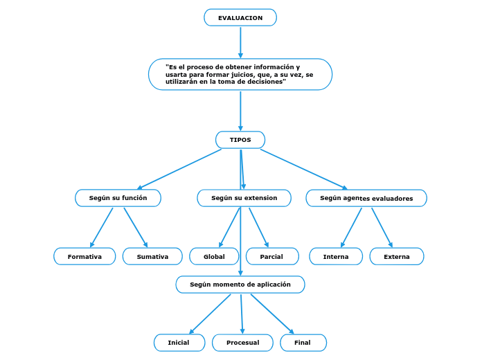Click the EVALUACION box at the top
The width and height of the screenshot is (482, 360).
point(240,17)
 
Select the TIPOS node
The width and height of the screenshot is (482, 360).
point(240,140)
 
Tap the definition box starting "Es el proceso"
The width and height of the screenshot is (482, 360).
point(240,74)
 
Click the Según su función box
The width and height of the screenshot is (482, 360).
point(118,198)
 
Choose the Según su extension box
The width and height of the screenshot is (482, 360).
point(244,198)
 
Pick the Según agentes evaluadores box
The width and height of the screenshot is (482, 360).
point(366,198)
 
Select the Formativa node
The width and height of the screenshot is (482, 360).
point(84,256)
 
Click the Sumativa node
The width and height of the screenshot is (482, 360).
point(152,256)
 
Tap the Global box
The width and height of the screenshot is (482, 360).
point(214,256)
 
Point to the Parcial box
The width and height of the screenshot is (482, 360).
point(271,256)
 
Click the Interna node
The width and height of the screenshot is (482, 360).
point(336,256)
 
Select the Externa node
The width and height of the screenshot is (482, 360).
point(396,256)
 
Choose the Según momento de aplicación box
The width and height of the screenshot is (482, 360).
point(240,285)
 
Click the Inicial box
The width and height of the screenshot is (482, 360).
point(179,343)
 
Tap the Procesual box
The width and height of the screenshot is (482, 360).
point(242,343)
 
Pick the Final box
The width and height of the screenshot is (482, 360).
point(303,343)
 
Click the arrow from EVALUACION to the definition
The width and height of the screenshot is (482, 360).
point(240,42)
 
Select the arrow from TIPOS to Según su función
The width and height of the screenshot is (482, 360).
point(180,168)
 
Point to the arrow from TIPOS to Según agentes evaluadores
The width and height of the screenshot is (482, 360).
point(303,168)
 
